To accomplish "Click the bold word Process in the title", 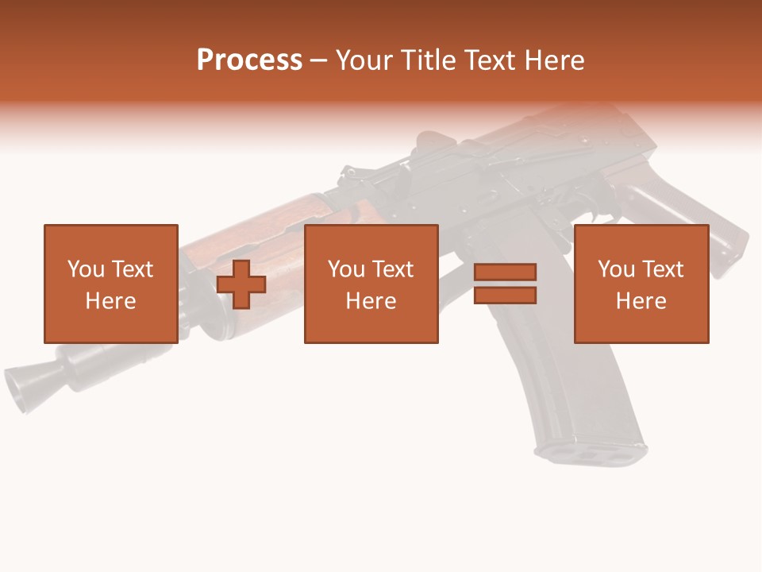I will tap(249, 60).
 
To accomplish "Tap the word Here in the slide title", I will tap(553, 60).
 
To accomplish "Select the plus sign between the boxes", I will tap(241, 284).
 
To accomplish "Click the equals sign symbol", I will tap(506, 284).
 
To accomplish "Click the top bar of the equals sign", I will tap(506, 272).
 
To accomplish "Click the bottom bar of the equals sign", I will tap(506, 295).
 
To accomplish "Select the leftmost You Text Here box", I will tap(110, 284).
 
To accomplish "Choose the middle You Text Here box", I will tap(371, 284).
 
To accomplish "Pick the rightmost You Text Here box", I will tap(641, 284).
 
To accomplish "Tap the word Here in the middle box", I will tap(371, 301).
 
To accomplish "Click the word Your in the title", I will tap(366, 60).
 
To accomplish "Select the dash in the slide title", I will tap(319, 60).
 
